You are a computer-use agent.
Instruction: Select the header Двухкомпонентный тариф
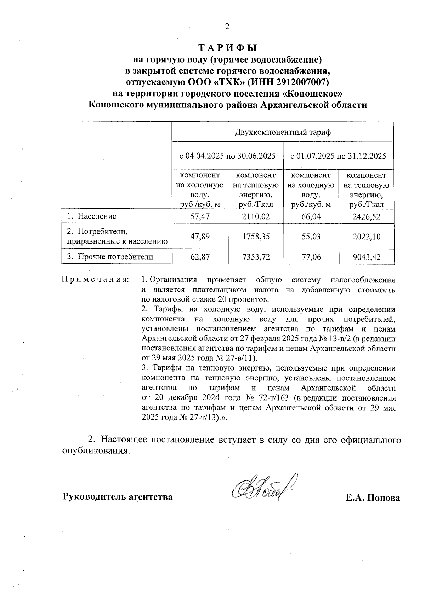click(x=283, y=133)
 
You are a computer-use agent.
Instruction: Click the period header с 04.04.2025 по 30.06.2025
click(x=227, y=156)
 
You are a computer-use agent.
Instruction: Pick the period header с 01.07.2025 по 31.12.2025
click(x=338, y=156)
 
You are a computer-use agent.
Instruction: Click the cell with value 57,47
click(x=200, y=216)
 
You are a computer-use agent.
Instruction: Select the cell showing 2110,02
click(x=255, y=216)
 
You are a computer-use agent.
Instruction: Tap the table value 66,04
click(x=311, y=216)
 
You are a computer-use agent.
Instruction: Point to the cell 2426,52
click(x=366, y=216)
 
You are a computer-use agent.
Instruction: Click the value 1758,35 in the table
click(x=255, y=236)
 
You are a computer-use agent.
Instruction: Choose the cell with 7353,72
click(x=255, y=257)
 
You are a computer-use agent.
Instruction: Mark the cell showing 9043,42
click(x=366, y=257)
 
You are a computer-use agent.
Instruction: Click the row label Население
click(x=97, y=216)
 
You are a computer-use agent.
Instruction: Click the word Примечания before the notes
click(x=95, y=280)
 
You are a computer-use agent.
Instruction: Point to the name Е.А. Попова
click(x=373, y=498)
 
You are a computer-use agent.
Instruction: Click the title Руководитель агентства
click(x=118, y=497)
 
